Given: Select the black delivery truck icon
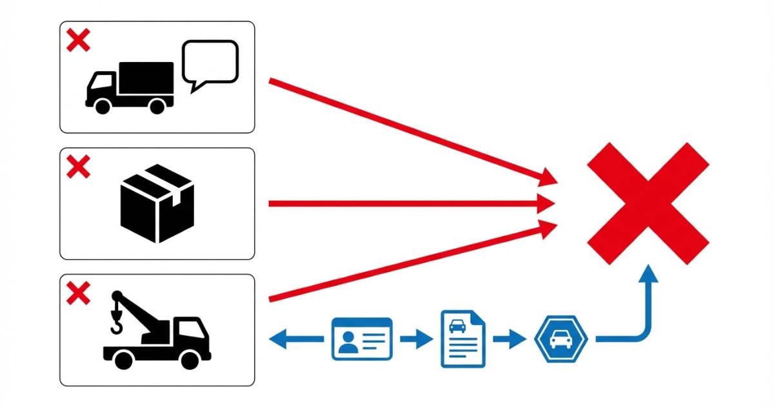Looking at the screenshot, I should pyautogui.click(x=130, y=87).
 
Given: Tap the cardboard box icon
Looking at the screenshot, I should pyautogui.click(x=157, y=203).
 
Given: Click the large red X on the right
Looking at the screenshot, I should pyautogui.click(x=648, y=203).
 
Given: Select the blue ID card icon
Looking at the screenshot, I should pyautogui.click(x=361, y=339).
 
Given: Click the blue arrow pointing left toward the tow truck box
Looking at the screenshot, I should pyautogui.click(x=293, y=339).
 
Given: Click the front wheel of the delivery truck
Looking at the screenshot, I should pyautogui.click(x=102, y=107).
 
